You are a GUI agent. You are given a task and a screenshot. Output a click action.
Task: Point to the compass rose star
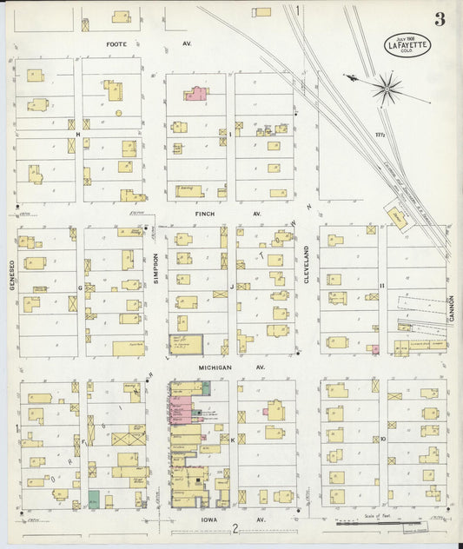(387, 88)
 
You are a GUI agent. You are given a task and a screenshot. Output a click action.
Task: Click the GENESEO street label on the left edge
(12, 276)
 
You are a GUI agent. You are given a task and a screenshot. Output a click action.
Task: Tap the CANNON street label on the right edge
(452, 306)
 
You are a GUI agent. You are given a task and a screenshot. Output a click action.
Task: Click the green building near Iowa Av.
(93, 500)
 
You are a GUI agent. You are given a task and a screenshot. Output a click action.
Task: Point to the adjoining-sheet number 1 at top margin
(296, 10)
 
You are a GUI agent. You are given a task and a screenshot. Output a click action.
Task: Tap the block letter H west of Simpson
(77, 135)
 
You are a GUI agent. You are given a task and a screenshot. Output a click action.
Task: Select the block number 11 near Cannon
(381, 285)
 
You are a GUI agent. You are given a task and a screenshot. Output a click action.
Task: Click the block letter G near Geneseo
(80, 286)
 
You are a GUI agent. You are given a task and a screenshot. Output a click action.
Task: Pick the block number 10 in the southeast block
(382, 440)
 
